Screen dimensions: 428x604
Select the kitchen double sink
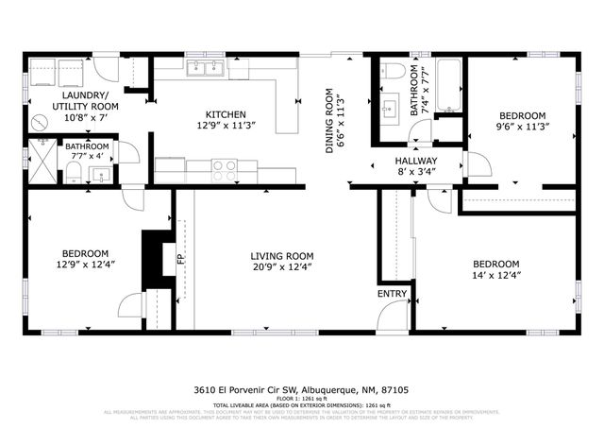tap(205, 68)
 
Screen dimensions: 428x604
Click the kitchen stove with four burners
tap(224, 170)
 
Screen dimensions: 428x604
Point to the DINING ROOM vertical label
tap(330, 121)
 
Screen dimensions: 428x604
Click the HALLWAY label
tap(416, 161)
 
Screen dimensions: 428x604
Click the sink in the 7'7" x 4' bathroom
tap(101, 172)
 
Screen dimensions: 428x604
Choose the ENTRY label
tap(393, 294)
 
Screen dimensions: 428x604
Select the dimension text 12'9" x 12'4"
tap(86, 265)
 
